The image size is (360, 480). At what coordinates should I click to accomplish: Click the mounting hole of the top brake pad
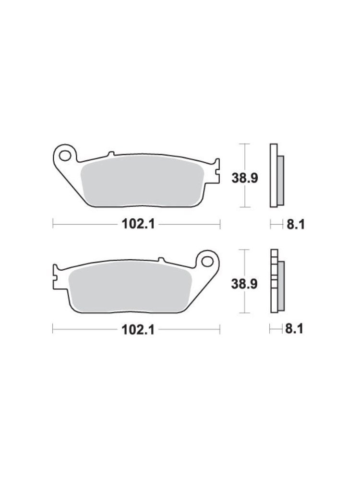coord(65,156)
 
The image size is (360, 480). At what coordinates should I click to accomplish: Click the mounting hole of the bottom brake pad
coord(207,262)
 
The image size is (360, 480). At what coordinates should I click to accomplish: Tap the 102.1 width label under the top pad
coord(138,224)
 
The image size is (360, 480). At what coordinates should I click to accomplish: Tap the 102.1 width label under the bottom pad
coord(138,330)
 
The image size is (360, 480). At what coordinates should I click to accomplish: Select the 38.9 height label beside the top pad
coord(245,178)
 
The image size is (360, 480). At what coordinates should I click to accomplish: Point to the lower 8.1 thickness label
coord(294,329)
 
